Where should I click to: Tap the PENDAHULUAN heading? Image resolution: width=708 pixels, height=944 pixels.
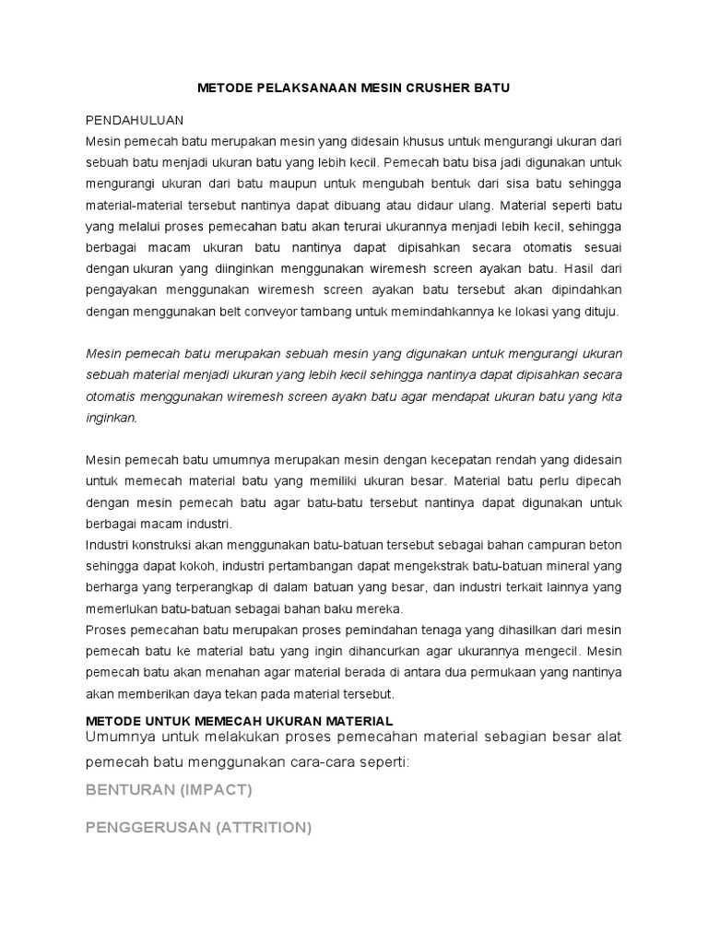coord(135,121)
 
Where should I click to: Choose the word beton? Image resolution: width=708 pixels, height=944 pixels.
coord(604,545)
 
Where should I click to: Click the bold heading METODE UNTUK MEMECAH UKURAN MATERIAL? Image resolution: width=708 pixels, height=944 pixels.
coord(240,719)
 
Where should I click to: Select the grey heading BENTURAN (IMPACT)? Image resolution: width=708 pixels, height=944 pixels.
coord(169,790)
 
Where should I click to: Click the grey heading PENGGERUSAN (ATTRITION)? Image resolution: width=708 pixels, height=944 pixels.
coord(198,827)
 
